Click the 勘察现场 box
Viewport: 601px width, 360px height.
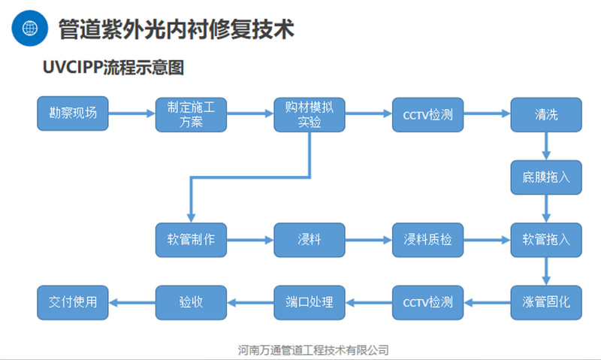point(73,113)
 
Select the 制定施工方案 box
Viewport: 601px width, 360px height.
point(191,115)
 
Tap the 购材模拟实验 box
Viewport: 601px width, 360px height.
point(310,115)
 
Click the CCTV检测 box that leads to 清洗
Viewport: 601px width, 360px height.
point(427,115)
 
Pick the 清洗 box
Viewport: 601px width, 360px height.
point(546,115)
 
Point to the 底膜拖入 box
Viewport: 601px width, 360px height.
point(546,177)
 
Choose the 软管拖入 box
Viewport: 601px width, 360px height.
point(546,240)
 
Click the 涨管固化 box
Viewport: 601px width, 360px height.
point(546,302)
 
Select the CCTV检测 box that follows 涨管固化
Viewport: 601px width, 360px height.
point(427,302)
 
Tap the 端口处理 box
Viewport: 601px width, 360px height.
point(310,302)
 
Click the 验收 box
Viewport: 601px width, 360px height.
point(191,302)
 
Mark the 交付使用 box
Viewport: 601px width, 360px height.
point(73,302)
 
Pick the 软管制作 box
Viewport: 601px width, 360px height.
point(191,240)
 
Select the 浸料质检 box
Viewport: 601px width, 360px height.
point(427,240)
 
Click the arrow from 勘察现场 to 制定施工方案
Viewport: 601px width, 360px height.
point(132,113)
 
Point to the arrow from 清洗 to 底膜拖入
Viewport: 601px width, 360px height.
point(546,146)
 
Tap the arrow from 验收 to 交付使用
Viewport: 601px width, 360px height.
point(132,302)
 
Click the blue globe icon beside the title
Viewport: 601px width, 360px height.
point(30,29)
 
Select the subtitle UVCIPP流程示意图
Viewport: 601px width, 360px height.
point(113,68)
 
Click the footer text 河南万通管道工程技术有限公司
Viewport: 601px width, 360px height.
point(313,349)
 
